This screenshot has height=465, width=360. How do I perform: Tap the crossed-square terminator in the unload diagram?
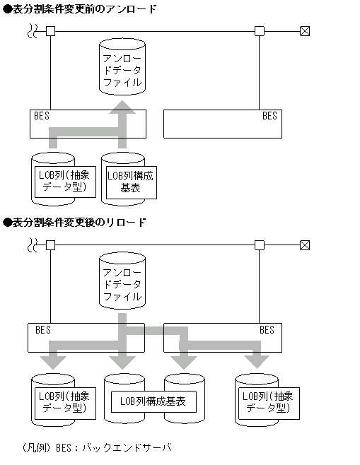point(305,31)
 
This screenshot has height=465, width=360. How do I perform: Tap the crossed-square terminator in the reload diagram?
point(305,245)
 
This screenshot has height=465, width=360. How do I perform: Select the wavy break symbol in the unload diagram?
point(32,31)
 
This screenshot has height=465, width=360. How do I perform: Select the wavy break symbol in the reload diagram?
point(32,245)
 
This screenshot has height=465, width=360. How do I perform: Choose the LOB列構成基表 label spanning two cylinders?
point(153,401)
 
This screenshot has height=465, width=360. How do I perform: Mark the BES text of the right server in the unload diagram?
point(269,116)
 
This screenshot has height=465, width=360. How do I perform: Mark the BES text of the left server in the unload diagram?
point(42,116)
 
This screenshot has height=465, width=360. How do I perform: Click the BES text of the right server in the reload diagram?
point(267,330)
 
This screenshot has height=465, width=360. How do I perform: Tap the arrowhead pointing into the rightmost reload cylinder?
point(255,362)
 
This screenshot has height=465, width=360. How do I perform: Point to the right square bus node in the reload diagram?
point(260,245)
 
